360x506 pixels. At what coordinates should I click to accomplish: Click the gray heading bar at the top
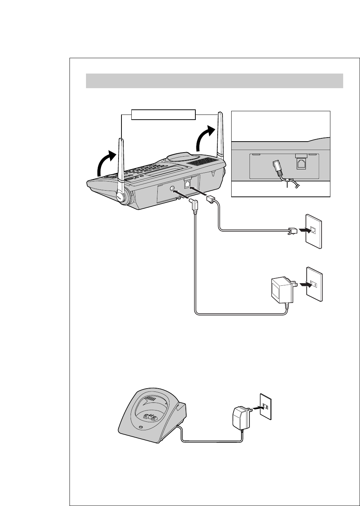pos(214,81)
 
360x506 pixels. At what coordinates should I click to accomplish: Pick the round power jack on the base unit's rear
pos(172,188)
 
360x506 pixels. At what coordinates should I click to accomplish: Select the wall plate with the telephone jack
pos(314,233)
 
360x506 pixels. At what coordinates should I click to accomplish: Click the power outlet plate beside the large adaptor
pos(314,284)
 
